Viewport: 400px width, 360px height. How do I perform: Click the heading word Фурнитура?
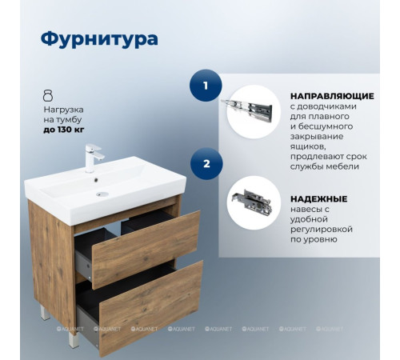99,39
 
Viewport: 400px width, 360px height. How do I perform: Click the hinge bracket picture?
253,202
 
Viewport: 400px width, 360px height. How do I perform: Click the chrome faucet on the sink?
90,154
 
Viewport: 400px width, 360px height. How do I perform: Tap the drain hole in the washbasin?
99,193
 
